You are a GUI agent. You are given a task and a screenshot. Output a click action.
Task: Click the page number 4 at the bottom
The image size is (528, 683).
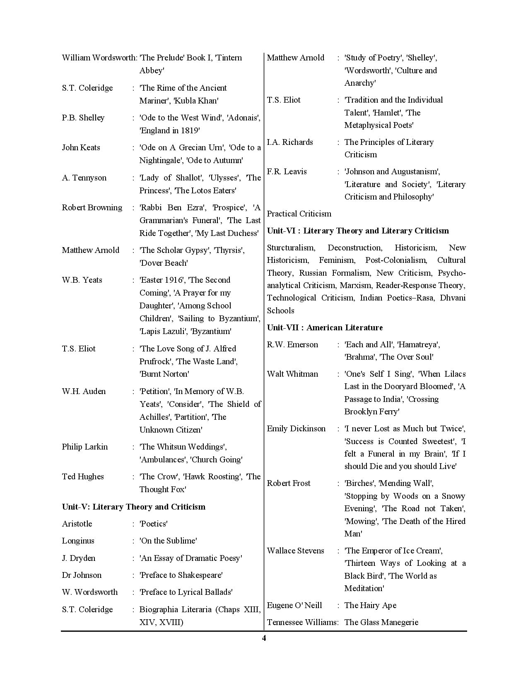264,638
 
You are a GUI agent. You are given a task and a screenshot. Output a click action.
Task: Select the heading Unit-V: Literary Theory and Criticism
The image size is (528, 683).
133,507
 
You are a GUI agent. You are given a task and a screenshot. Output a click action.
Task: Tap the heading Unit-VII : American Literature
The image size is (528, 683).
325,327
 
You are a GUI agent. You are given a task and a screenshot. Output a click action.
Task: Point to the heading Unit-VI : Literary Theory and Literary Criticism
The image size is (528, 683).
358,231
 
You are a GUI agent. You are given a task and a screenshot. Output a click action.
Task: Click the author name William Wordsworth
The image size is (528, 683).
99,58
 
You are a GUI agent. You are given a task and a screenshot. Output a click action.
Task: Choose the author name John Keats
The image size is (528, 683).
81,147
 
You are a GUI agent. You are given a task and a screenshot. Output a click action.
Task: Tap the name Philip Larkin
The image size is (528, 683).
84,447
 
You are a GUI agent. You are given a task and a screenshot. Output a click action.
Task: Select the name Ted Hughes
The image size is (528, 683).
83,476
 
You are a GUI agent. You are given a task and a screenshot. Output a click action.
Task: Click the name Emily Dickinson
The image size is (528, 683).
296,428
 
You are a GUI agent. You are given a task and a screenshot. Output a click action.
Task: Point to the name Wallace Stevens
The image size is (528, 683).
295,551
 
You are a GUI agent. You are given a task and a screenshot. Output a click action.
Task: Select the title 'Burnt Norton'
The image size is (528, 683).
164,374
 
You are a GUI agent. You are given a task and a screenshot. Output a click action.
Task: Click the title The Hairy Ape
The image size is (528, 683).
370,605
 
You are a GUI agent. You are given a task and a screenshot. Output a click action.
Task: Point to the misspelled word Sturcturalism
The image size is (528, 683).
291,248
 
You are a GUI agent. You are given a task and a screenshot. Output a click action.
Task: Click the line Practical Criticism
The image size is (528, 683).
299,214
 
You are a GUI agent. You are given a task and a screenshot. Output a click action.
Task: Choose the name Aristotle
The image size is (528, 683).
77,524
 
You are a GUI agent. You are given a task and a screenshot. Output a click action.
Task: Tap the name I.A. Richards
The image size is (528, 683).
290,142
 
